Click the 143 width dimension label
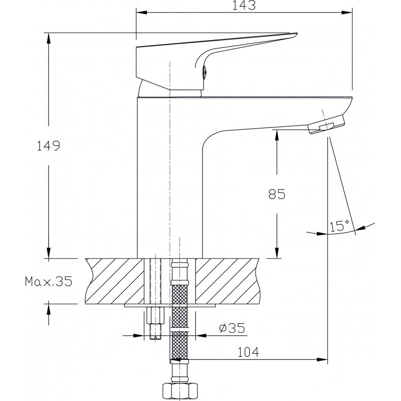(245, 6)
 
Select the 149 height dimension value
(49, 146)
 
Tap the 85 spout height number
(276, 194)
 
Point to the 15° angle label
(339, 226)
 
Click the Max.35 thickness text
(49, 282)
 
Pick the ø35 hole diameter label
(232, 328)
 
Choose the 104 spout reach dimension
(248, 353)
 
